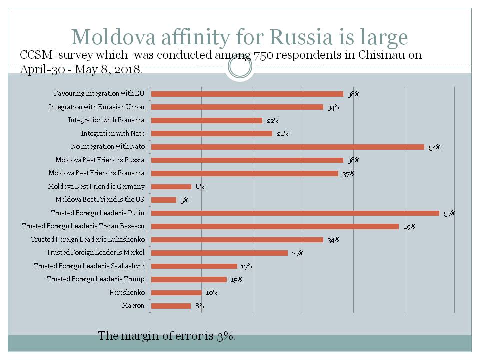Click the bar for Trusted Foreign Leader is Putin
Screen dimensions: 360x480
coord(295,213)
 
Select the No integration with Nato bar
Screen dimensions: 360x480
coord(287,147)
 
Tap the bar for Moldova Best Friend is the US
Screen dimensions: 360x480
coord(163,200)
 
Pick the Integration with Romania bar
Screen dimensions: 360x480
coord(206,120)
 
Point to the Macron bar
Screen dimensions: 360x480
coord(171,306)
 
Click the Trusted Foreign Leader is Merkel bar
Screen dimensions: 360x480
coord(219,253)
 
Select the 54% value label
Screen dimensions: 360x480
coord(434,147)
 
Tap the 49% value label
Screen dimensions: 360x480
coord(409,227)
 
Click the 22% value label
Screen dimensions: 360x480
coord(272,120)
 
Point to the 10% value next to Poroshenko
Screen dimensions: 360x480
coord(211,293)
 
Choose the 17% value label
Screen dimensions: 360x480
coord(246,266)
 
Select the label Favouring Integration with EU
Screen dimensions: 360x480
coord(99,94)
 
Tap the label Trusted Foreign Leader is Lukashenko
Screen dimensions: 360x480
coord(87,240)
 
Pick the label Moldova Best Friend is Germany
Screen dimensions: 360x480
coord(96,187)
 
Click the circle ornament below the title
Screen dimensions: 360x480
coord(240,67)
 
